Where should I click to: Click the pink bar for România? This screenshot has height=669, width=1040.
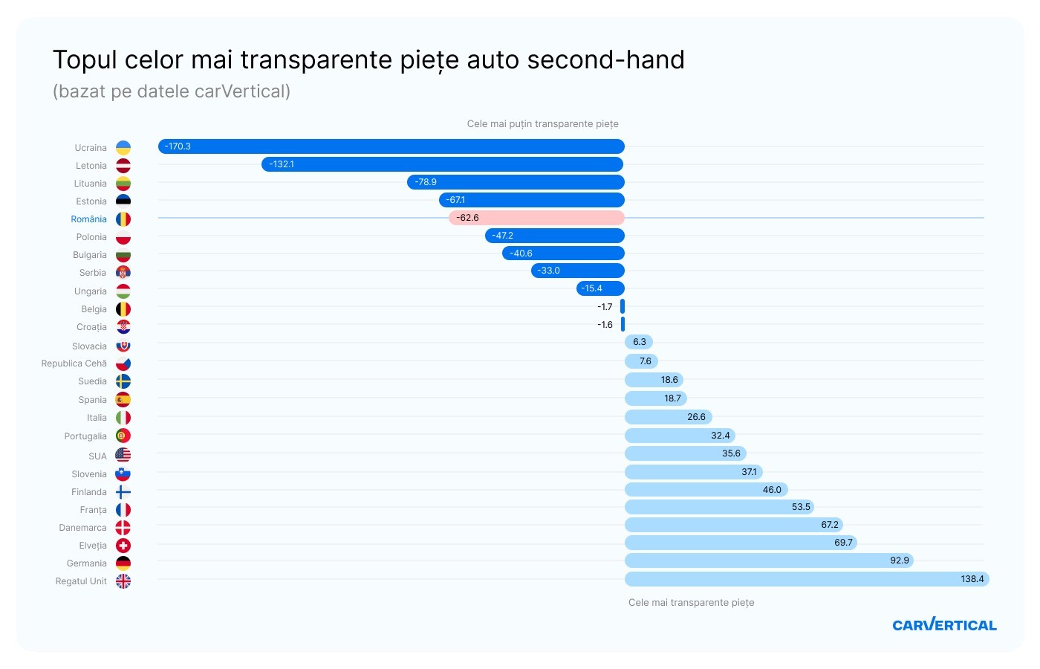tap(536, 218)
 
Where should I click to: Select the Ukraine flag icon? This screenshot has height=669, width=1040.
tap(123, 148)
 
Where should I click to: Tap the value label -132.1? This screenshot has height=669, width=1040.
tap(282, 164)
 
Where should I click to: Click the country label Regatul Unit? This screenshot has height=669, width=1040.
tap(81, 581)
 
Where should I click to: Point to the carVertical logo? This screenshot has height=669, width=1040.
tap(944, 625)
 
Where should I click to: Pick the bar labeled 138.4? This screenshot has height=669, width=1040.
tap(807, 579)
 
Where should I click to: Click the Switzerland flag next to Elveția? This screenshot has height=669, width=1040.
tap(123, 546)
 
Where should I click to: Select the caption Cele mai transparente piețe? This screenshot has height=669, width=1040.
tap(691, 603)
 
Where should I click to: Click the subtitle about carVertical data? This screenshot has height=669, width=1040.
tap(172, 91)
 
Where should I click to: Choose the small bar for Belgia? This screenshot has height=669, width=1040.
tap(623, 306)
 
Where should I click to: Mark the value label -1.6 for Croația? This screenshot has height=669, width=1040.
tap(605, 325)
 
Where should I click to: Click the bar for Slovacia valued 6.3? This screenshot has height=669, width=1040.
tap(639, 342)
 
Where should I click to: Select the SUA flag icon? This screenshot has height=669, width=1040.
tap(123, 455)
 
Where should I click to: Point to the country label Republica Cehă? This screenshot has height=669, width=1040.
tap(74, 363)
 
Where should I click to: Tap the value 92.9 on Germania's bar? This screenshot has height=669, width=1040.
tap(899, 560)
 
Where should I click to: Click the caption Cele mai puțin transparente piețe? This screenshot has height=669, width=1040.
tap(542, 124)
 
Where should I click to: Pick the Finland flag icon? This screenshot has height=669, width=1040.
tap(123, 492)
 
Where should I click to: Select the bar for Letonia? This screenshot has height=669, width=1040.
tap(443, 164)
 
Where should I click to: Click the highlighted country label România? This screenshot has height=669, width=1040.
tap(88, 219)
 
